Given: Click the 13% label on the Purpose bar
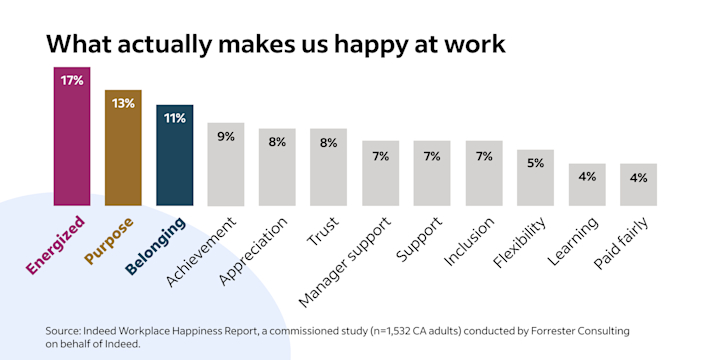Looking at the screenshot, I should tap(123, 102).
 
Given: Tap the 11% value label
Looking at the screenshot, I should tap(174, 118).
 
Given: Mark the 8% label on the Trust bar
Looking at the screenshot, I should tap(329, 142).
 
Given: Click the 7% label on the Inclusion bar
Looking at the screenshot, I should tap(484, 156).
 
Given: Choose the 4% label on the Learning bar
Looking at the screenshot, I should tap(587, 176).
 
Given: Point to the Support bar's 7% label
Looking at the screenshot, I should tap(432, 156).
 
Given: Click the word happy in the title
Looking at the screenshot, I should tap(365, 45).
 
